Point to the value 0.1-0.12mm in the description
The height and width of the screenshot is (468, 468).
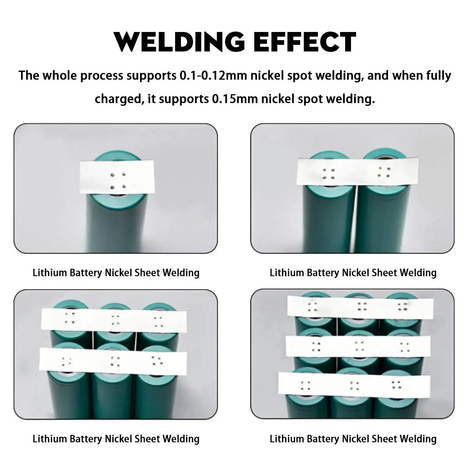click(x=213, y=75)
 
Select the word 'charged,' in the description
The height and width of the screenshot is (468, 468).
click(x=117, y=99)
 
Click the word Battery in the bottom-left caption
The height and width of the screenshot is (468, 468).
click(x=86, y=439)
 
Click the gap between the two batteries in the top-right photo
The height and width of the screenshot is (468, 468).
click(x=357, y=218)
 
